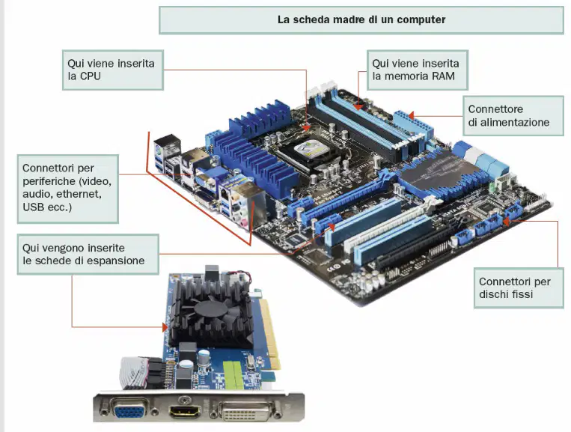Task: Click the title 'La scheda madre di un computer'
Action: [x=361, y=19]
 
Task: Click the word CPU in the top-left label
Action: [x=90, y=76]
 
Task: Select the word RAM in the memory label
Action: [x=443, y=76]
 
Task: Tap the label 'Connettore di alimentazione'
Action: [x=513, y=116]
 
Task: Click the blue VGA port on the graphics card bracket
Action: [x=129, y=411]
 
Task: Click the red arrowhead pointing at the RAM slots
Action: [x=358, y=107]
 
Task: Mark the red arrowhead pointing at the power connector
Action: [x=411, y=116]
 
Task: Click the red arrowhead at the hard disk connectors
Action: [x=507, y=221]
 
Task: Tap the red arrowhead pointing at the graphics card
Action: [x=165, y=327]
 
